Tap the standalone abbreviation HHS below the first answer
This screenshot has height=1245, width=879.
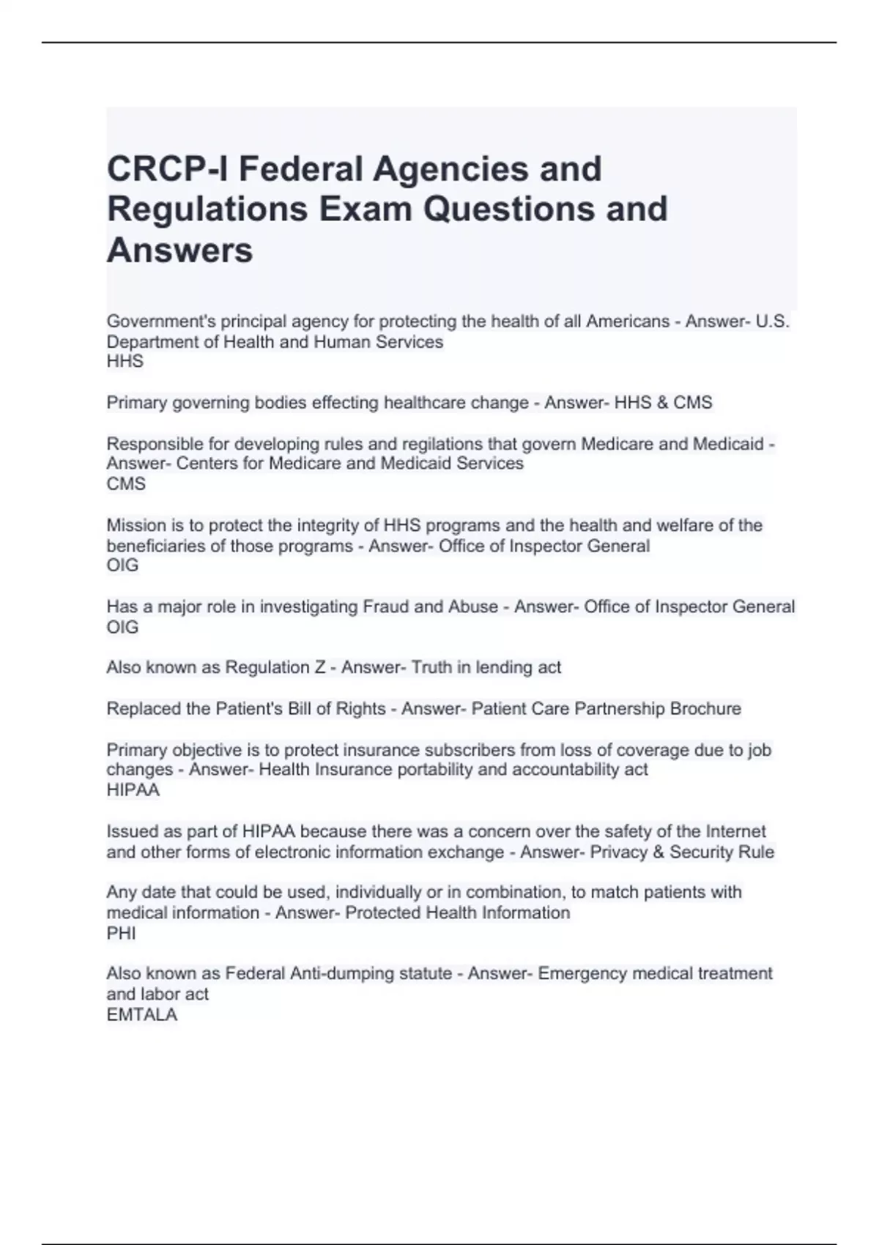pyautogui.click(x=125, y=361)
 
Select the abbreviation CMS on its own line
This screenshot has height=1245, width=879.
pyautogui.click(x=126, y=483)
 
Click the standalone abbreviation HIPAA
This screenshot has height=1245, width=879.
pyautogui.click(x=133, y=789)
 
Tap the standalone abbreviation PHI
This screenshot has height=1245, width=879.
pyautogui.click(x=121, y=933)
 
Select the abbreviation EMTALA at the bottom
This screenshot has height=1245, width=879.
pyautogui.click(x=142, y=1014)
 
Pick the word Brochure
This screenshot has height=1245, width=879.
pyautogui.click(x=705, y=708)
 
